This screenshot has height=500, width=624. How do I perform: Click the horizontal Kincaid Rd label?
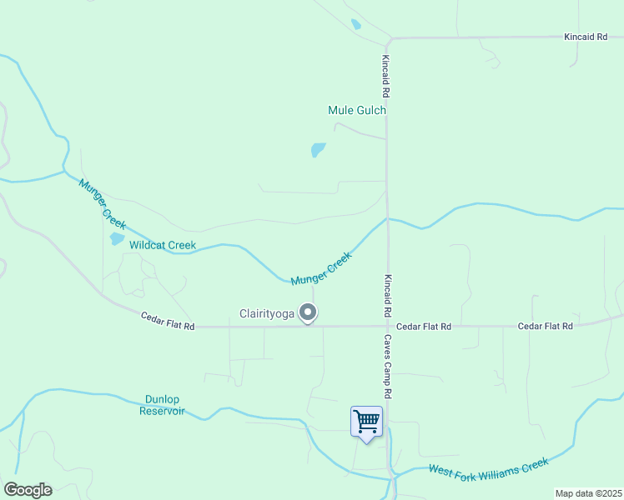(585, 37)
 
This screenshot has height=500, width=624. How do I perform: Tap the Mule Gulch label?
(357, 110)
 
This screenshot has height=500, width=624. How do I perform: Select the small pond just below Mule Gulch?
(318, 150)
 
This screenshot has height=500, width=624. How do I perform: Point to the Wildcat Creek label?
(163, 245)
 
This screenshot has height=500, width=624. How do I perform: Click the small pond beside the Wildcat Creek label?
(117, 239)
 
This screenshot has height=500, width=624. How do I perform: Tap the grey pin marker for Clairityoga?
(309, 313)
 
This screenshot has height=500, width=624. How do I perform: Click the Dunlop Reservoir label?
(162, 405)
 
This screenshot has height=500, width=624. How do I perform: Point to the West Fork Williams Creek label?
(489, 467)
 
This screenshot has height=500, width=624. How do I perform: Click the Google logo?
(28, 490)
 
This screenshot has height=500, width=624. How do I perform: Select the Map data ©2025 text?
(589, 493)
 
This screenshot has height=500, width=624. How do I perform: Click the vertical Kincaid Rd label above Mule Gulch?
(386, 73)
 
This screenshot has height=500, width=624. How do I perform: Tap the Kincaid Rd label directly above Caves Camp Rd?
(388, 295)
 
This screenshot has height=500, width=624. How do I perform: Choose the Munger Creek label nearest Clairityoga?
(321, 268)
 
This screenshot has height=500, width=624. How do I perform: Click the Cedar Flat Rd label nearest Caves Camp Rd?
(424, 327)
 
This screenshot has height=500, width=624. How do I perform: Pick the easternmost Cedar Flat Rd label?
(545, 327)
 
